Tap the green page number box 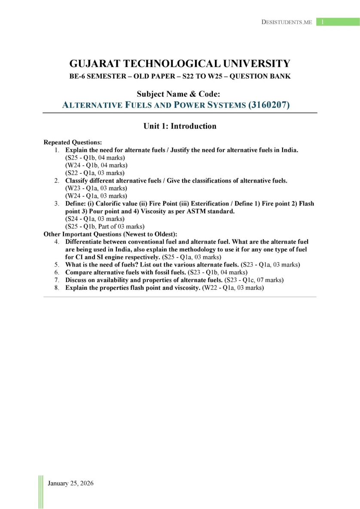click(x=338, y=22)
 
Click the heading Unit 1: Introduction click(x=180, y=126)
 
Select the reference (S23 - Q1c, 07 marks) click(x=254, y=280)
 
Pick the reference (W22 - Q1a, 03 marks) click(x=233, y=288)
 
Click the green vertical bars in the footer click(x=41, y=491)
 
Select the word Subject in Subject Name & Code click(x=151, y=94)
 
